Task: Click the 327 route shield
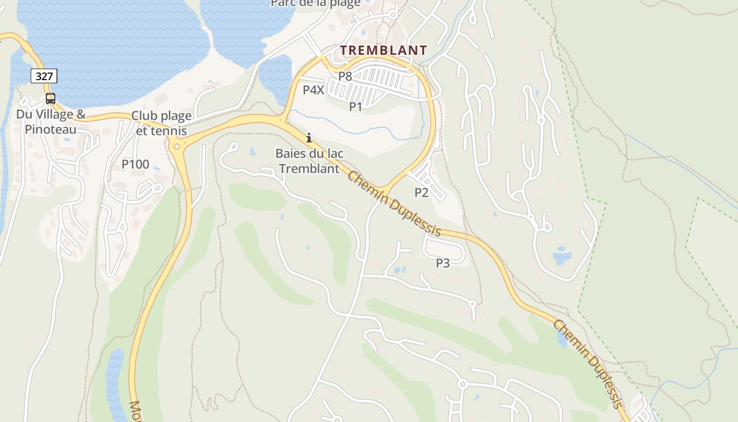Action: tap(44, 76)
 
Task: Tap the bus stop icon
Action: tap(51, 99)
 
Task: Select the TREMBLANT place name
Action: tap(383, 51)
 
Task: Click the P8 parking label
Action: tap(345, 76)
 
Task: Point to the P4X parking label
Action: tap(313, 90)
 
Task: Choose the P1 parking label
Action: tap(356, 107)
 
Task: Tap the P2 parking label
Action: tap(421, 193)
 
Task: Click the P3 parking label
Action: tap(443, 263)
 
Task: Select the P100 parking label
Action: tap(135, 165)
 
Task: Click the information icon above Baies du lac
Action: tap(309, 138)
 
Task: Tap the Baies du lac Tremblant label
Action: tap(309, 161)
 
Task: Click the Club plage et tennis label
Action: tap(161, 123)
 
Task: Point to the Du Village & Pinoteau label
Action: tap(51, 122)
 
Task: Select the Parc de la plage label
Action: tap(315, 4)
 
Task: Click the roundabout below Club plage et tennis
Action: tap(177, 146)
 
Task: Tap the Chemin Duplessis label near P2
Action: tap(394, 204)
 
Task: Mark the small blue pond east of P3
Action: tap(562, 257)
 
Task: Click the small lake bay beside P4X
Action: tap(275, 74)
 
